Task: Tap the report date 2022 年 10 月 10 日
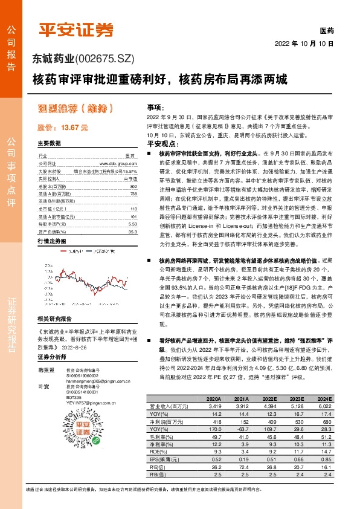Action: point(304,44)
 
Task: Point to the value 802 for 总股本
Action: point(133,187)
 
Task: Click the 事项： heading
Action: point(155,106)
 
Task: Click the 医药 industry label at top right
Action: point(326,31)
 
